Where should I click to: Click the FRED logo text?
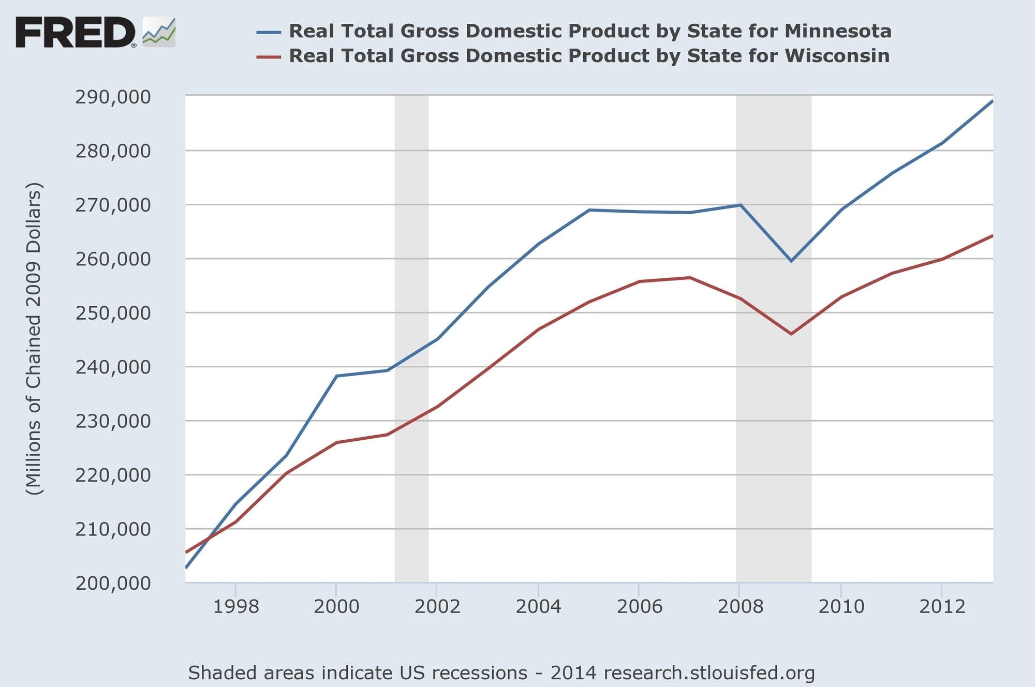tap(76, 32)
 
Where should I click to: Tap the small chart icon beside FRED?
tap(159, 32)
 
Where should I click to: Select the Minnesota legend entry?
tap(589, 31)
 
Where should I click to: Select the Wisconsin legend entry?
tap(588, 56)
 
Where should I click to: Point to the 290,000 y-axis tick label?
tap(113, 97)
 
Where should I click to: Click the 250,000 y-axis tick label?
tap(113, 313)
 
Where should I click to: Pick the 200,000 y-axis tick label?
tap(113, 583)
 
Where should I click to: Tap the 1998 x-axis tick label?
tap(235, 606)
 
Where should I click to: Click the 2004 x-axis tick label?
tap(538, 606)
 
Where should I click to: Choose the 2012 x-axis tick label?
tap(942, 606)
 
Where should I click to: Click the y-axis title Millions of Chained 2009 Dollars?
tap(34, 339)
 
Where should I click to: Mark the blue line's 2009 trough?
tap(791, 261)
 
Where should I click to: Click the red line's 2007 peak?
tap(690, 278)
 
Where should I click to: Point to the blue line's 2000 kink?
tap(336, 376)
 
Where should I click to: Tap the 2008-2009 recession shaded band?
tap(774, 414)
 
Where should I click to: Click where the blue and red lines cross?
tap(209, 539)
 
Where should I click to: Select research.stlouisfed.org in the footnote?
tap(709, 673)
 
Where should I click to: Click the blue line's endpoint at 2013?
tap(992, 101)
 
